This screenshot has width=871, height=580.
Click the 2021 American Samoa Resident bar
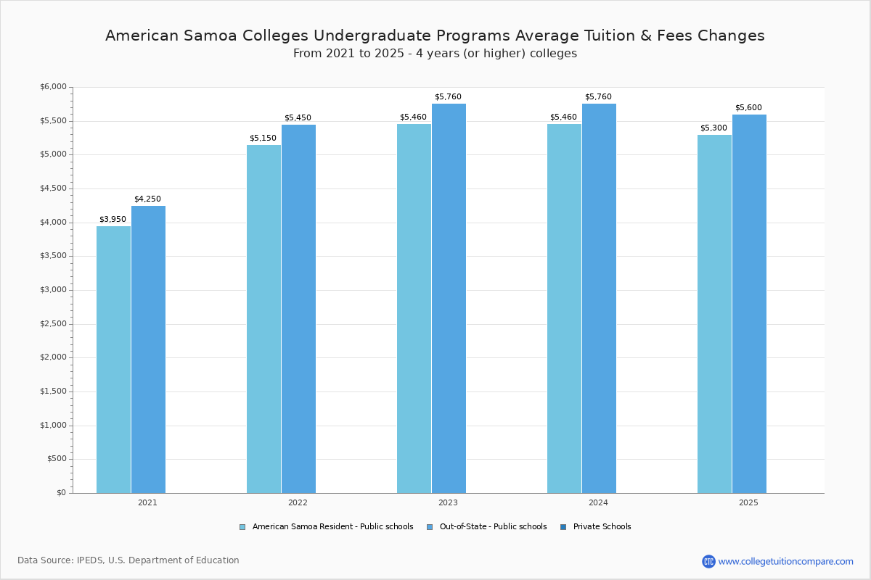point(113,360)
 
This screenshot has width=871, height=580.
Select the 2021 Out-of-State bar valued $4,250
point(148,349)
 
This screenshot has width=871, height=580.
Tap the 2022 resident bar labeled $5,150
point(263,319)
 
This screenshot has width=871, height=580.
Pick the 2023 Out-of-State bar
point(449,299)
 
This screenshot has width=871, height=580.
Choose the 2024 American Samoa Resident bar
point(564,309)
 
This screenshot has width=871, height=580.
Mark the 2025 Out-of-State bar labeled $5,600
point(749,304)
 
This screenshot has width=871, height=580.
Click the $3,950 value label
point(113,220)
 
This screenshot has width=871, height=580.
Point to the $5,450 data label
point(298,118)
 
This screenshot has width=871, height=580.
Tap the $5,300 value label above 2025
point(713,128)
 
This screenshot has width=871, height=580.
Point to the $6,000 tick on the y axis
point(53,87)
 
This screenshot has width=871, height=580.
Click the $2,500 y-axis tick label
point(53,324)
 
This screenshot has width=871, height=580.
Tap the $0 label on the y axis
point(61,493)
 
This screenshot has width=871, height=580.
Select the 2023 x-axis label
point(448,502)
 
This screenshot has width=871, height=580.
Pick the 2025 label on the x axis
point(748,502)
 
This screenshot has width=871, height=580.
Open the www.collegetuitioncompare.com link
point(785,561)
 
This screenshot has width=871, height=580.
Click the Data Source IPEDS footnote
point(128,560)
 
